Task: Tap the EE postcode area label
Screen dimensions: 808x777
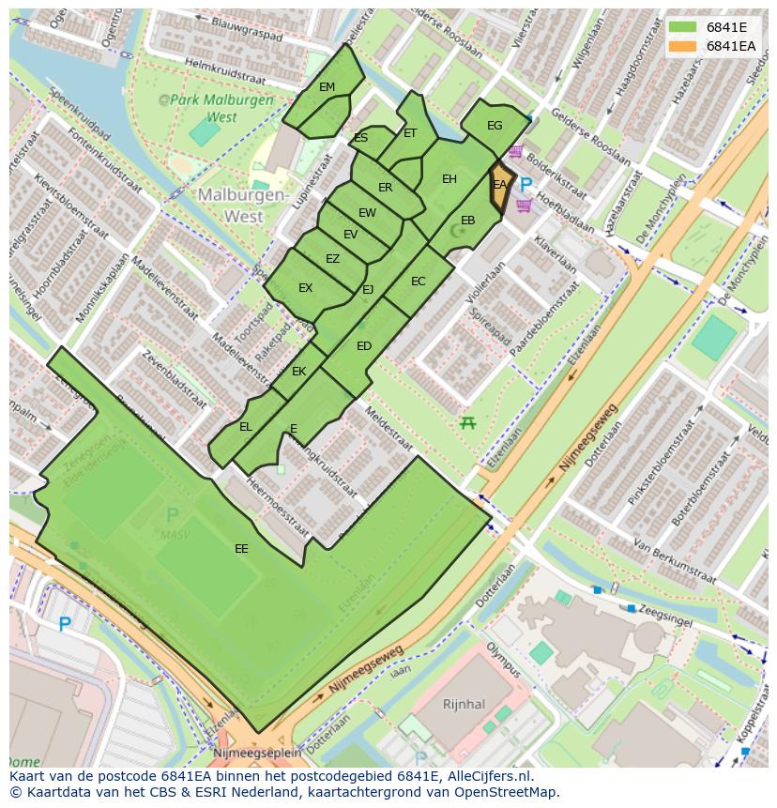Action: (x=241, y=549)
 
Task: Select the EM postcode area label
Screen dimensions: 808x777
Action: (x=327, y=87)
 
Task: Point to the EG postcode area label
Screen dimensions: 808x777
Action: (x=495, y=126)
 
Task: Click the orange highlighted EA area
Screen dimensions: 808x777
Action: (x=499, y=187)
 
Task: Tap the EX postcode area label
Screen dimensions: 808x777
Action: (x=305, y=288)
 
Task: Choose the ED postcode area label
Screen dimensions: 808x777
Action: (x=364, y=346)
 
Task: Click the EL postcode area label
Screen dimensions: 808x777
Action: (x=246, y=427)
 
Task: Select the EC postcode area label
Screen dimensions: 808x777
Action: (x=419, y=282)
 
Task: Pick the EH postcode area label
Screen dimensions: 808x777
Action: (x=449, y=179)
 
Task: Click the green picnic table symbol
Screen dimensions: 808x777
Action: (x=467, y=423)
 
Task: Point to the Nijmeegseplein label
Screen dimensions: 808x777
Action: (x=257, y=753)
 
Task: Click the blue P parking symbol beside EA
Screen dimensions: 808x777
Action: (x=526, y=185)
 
